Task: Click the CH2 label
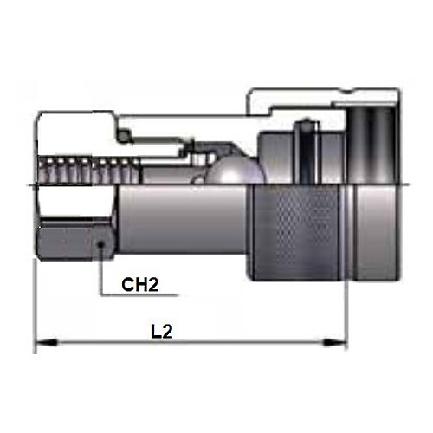pos(140,285)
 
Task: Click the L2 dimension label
pos(162,332)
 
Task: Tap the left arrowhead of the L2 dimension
pos(46,342)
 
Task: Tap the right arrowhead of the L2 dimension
pos(336,342)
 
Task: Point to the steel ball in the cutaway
pos(236,171)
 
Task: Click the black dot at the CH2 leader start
pos(100,245)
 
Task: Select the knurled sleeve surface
pos(297,233)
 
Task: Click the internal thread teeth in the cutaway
pos(88,171)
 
